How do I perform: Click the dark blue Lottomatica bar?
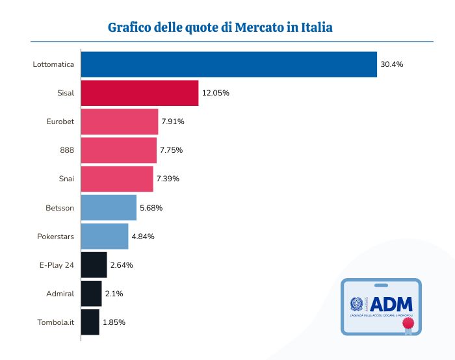229,64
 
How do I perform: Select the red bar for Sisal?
139,93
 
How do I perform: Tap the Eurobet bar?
120,122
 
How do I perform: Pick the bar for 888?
119,150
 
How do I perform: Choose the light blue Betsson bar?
109,208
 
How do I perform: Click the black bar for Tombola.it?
90,322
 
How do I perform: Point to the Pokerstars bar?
105,237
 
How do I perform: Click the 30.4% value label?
392,64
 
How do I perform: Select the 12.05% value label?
216,93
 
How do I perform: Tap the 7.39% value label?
168,179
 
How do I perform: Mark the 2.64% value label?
122,265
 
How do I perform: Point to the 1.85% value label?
114,322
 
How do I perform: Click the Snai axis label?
66,179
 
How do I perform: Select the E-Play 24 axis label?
57,265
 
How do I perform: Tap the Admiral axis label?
60,294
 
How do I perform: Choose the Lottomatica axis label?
53,64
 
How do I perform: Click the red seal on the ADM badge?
408,323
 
